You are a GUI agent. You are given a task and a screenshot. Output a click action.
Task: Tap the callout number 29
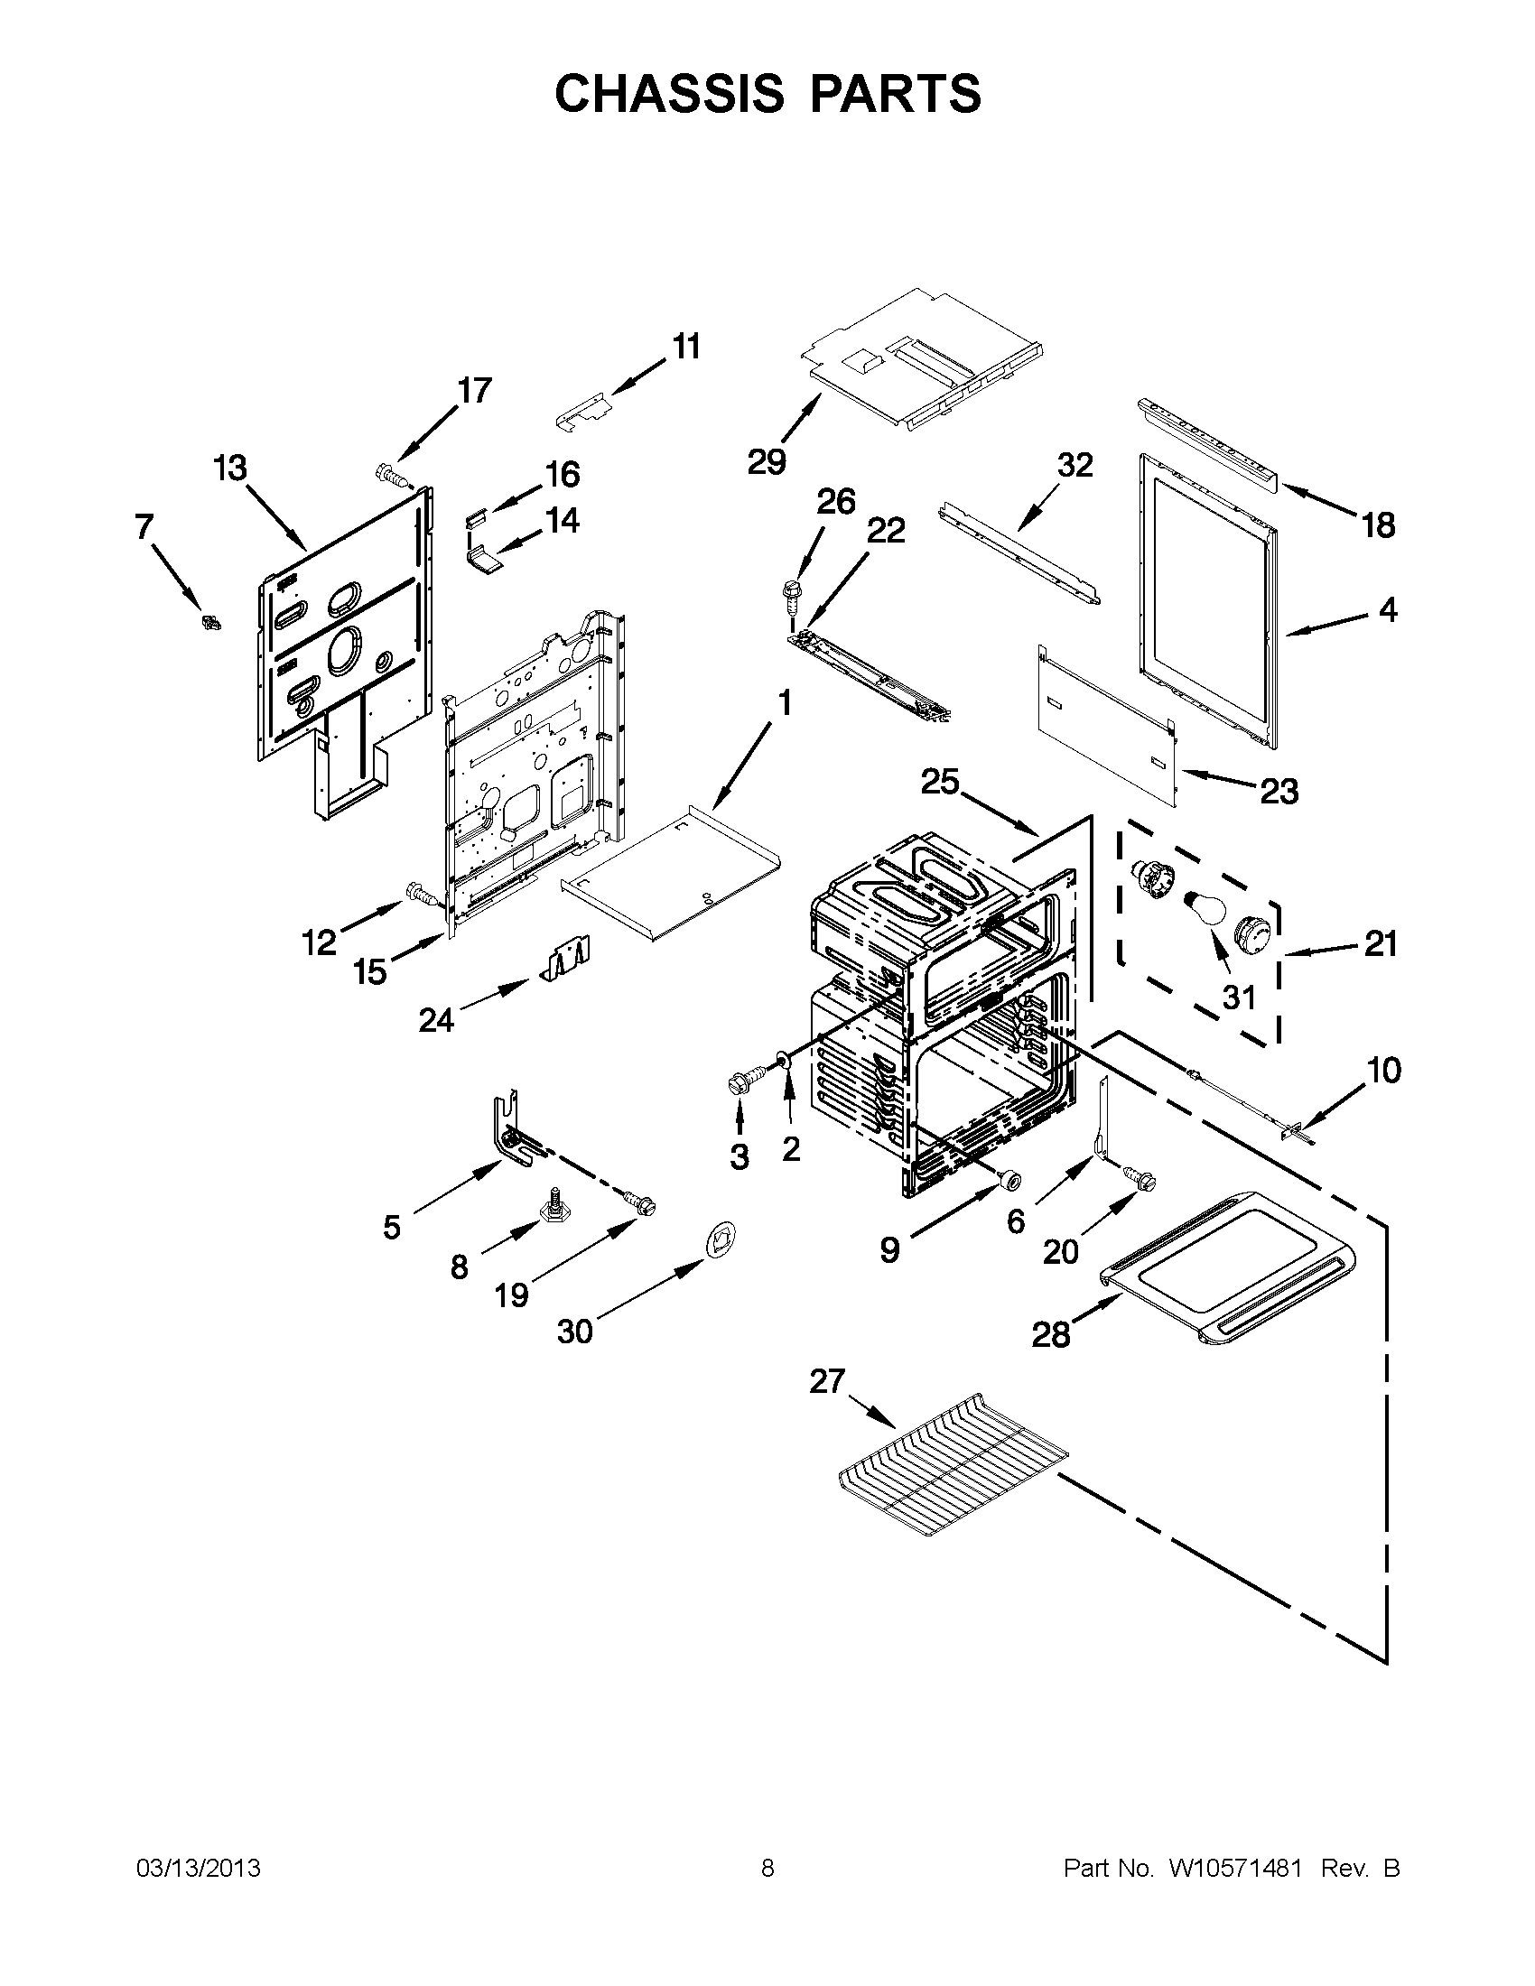[x=767, y=462]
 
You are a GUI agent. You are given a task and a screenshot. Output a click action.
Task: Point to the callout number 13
[x=230, y=469]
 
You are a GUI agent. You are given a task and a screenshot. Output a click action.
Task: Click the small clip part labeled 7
[x=212, y=623]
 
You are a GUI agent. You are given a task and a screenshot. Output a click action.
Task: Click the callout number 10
[x=1383, y=1071]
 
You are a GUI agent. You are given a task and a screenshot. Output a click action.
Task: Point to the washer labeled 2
[x=782, y=1060]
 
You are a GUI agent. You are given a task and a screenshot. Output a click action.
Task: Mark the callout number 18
[x=1379, y=525]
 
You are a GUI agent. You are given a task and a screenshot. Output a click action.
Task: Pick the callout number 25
[x=940, y=781]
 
